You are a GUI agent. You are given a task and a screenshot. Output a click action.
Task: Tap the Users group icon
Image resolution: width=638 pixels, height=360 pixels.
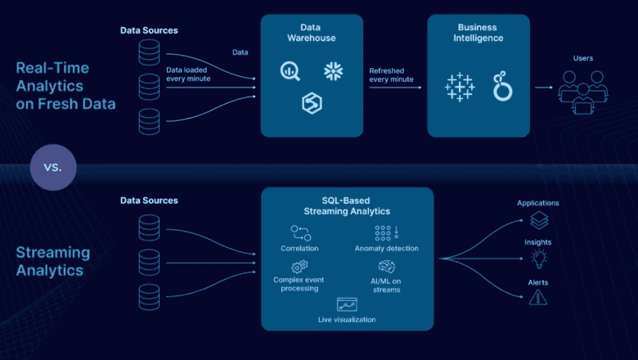583,90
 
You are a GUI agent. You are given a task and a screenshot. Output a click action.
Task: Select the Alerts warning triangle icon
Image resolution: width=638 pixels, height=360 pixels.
537,296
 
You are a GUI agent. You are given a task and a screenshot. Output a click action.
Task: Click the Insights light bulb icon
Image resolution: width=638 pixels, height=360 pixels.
537,259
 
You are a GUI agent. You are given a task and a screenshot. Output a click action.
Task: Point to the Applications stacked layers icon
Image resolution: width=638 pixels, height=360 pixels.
537,220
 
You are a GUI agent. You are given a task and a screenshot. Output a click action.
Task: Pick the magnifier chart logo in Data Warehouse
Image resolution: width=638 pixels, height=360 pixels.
290,72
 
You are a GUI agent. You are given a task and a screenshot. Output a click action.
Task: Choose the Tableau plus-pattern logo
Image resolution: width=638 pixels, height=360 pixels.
459,88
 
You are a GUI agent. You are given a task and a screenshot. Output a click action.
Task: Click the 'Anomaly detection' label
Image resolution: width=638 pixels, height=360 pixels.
386,249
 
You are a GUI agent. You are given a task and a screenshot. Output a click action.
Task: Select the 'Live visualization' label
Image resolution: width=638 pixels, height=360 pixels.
347,319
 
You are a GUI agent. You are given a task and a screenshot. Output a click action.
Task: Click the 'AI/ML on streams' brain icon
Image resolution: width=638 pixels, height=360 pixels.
386,267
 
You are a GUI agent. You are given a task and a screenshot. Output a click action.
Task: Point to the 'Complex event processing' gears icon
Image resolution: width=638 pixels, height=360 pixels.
299,267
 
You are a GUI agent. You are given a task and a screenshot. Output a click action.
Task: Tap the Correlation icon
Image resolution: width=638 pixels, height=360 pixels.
299,232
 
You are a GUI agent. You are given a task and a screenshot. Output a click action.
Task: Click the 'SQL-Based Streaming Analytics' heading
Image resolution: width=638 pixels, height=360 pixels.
347,205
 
